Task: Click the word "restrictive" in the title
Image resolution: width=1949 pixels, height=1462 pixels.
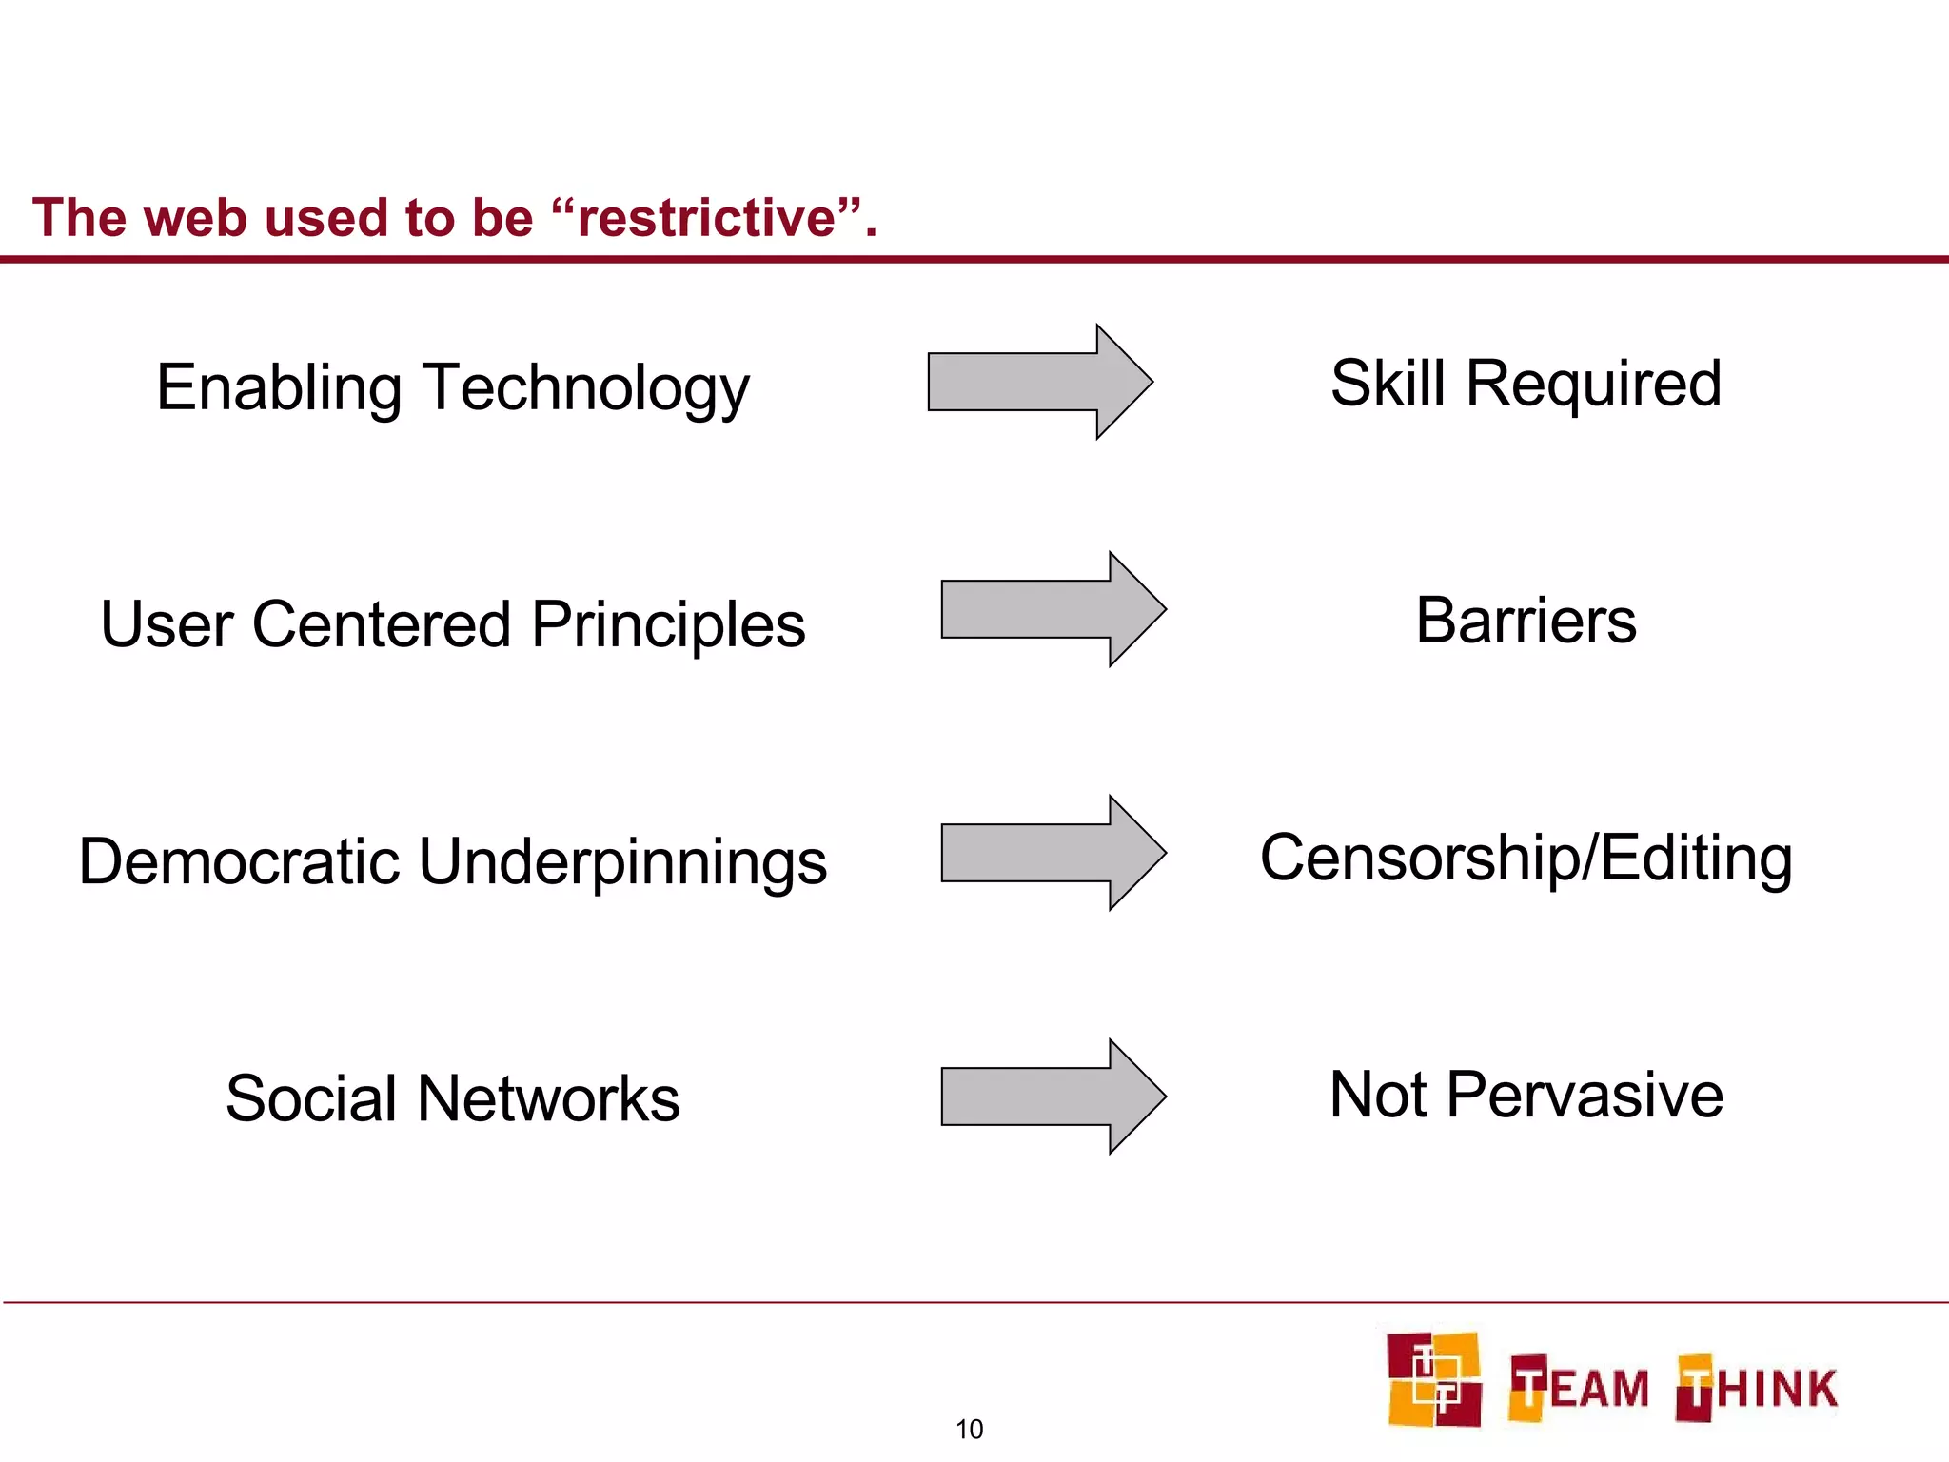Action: click(706, 218)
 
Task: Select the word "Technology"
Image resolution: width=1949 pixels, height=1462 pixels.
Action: click(587, 390)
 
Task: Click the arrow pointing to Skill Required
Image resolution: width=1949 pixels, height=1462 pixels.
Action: click(1039, 382)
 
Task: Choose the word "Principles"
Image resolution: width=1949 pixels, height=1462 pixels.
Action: click(668, 626)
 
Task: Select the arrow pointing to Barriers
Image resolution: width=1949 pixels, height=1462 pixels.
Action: click(1053, 609)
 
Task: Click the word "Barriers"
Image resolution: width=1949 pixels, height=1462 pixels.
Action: click(1526, 621)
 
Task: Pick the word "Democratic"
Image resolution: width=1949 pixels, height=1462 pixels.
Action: click(239, 862)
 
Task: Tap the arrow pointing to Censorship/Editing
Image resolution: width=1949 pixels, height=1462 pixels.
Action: click(1053, 853)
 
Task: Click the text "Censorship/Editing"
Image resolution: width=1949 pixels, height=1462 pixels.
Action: click(1526, 859)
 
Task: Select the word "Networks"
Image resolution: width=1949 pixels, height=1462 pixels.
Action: click(548, 1099)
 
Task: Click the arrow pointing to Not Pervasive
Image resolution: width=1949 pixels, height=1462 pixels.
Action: click(1053, 1096)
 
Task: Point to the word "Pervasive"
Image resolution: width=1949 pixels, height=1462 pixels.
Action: click(1585, 1095)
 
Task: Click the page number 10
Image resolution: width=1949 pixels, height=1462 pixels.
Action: click(969, 1429)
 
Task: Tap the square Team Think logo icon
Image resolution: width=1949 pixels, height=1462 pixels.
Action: click(1433, 1379)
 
